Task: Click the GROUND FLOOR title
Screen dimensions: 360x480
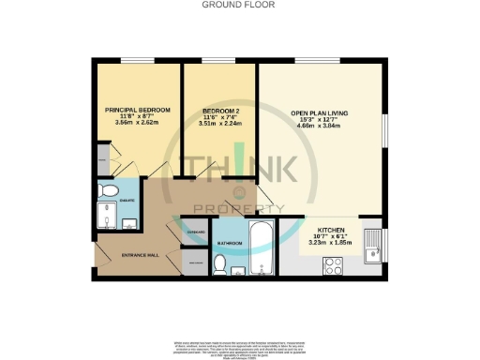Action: (239, 5)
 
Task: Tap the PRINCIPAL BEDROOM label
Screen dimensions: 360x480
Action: (137, 111)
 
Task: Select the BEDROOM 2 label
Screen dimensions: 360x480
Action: (220, 111)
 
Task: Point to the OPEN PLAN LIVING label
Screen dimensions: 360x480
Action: (319, 113)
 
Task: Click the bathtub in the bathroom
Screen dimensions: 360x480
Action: (262, 243)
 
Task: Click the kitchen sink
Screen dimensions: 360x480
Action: (372, 247)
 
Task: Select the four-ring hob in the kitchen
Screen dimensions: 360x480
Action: (313, 263)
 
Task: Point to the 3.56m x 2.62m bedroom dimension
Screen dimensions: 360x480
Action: (137, 123)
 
